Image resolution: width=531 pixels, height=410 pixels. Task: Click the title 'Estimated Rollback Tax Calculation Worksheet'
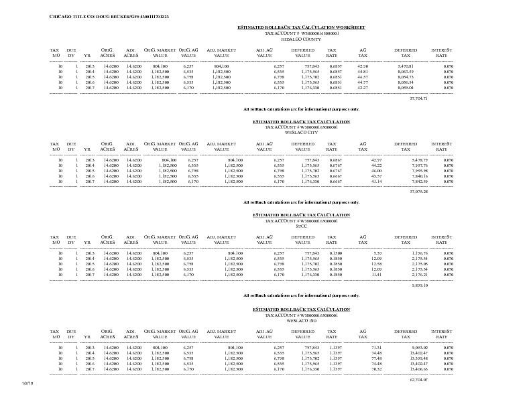(x=301, y=27)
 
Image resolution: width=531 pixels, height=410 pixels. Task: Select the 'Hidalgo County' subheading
(x=301, y=39)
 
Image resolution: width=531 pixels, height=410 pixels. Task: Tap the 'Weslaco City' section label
(x=301, y=133)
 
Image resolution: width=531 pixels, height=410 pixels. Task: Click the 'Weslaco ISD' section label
(x=301, y=320)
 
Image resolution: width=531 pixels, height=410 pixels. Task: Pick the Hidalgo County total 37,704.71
(x=418, y=98)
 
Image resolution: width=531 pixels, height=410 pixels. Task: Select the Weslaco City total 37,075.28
(x=418, y=192)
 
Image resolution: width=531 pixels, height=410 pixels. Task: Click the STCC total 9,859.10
(x=420, y=285)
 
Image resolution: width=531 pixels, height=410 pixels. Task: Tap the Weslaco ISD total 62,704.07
(x=418, y=379)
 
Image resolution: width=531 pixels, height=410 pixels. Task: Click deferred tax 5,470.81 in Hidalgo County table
(x=406, y=66)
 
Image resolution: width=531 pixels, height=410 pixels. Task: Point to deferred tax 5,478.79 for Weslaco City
(x=406, y=160)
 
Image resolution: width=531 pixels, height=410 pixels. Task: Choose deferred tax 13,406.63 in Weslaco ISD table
(x=405, y=369)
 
